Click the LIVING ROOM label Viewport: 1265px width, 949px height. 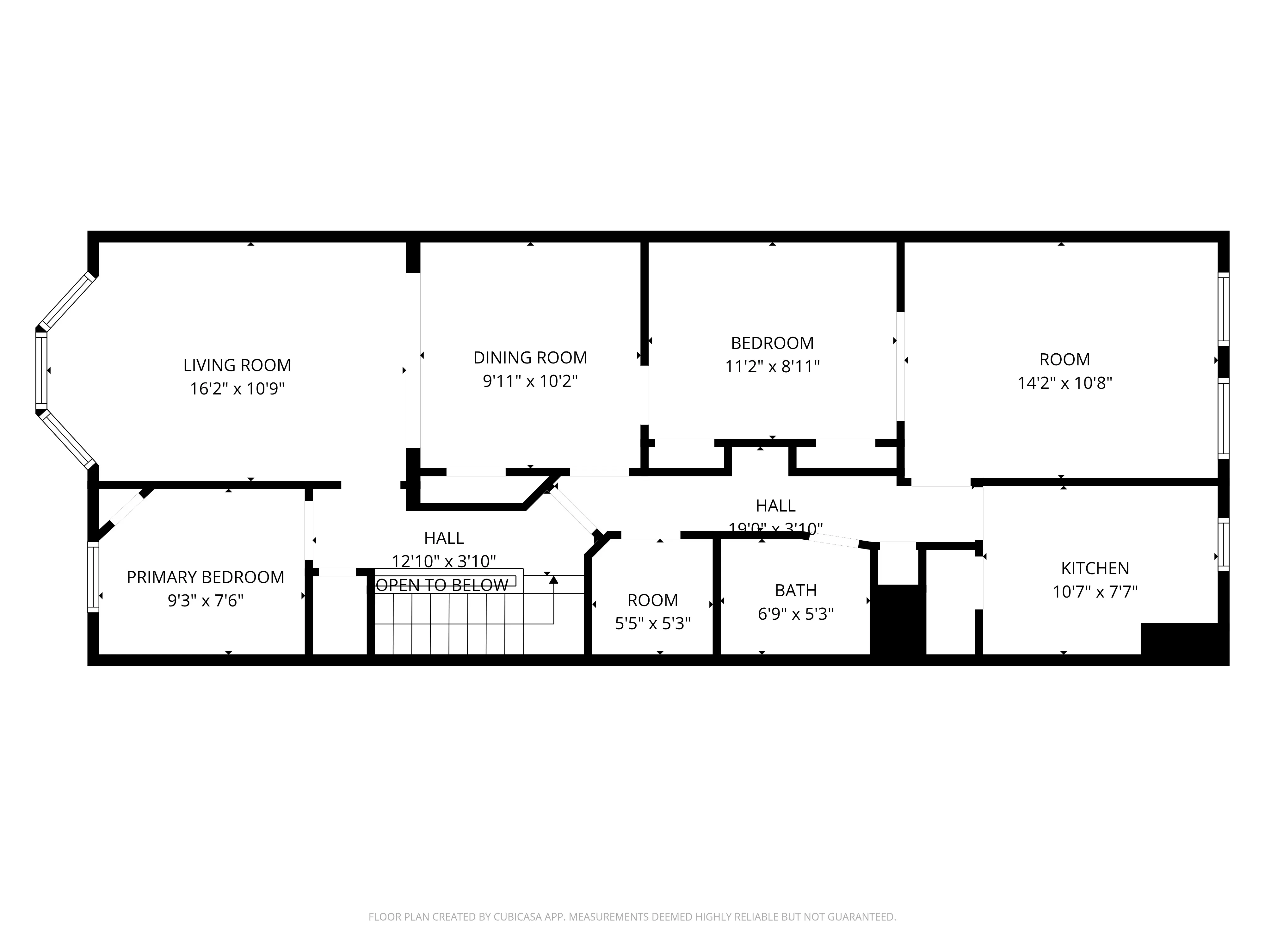(x=237, y=365)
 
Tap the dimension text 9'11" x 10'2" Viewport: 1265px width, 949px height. (x=530, y=381)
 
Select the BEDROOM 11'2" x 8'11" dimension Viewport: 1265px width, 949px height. (x=772, y=367)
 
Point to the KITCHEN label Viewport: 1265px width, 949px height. (x=1095, y=568)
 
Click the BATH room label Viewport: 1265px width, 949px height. (x=795, y=590)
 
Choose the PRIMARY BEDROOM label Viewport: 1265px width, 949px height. (x=205, y=577)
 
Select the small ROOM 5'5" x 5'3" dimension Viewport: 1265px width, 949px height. (x=652, y=623)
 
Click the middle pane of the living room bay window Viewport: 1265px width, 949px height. (x=41, y=371)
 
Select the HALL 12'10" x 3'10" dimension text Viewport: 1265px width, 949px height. (x=444, y=561)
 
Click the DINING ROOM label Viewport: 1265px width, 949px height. (x=530, y=357)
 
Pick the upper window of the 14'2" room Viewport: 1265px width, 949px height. (x=1223, y=309)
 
